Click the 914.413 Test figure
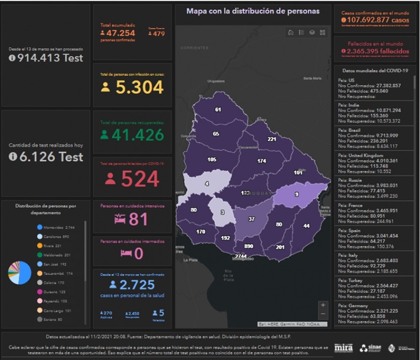[x=46, y=58]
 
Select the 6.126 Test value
[x=46, y=157]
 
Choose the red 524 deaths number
[x=140, y=179]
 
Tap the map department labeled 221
[x=272, y=140]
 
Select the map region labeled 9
[x=297, y=194]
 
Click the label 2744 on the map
[x=241, y=256]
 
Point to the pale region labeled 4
[x=206, y=184]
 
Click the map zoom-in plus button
[x=324, y=305]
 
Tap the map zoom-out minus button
[x=324, y=314]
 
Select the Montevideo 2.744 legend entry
[x=56, y=227]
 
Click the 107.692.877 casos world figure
[x=375, y=20]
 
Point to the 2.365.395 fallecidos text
[x=375, y=51]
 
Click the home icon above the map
[x=291, y=32]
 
